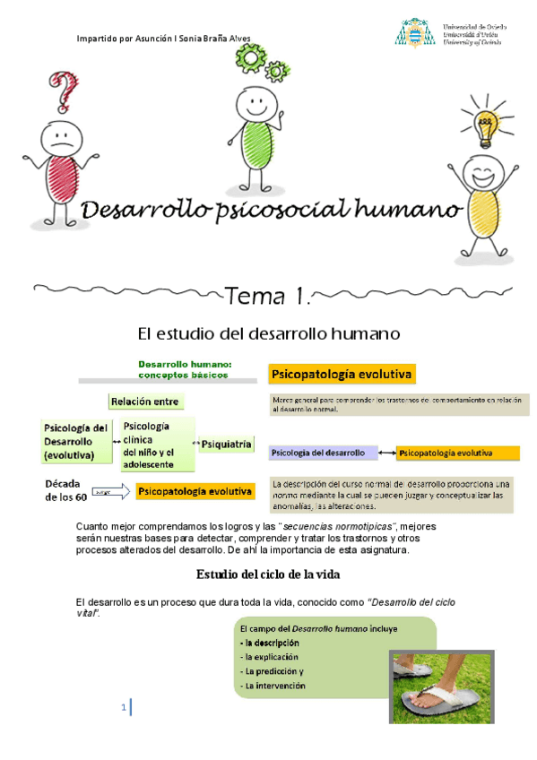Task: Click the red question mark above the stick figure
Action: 64,91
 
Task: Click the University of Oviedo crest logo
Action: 414,33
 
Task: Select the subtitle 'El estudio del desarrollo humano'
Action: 268,335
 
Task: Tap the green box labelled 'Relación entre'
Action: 145,401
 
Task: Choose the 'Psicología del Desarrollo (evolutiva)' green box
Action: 75,441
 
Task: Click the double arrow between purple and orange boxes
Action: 387,453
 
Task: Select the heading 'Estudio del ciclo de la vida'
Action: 268,574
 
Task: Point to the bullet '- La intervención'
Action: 273,686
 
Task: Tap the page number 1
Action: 124,708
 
